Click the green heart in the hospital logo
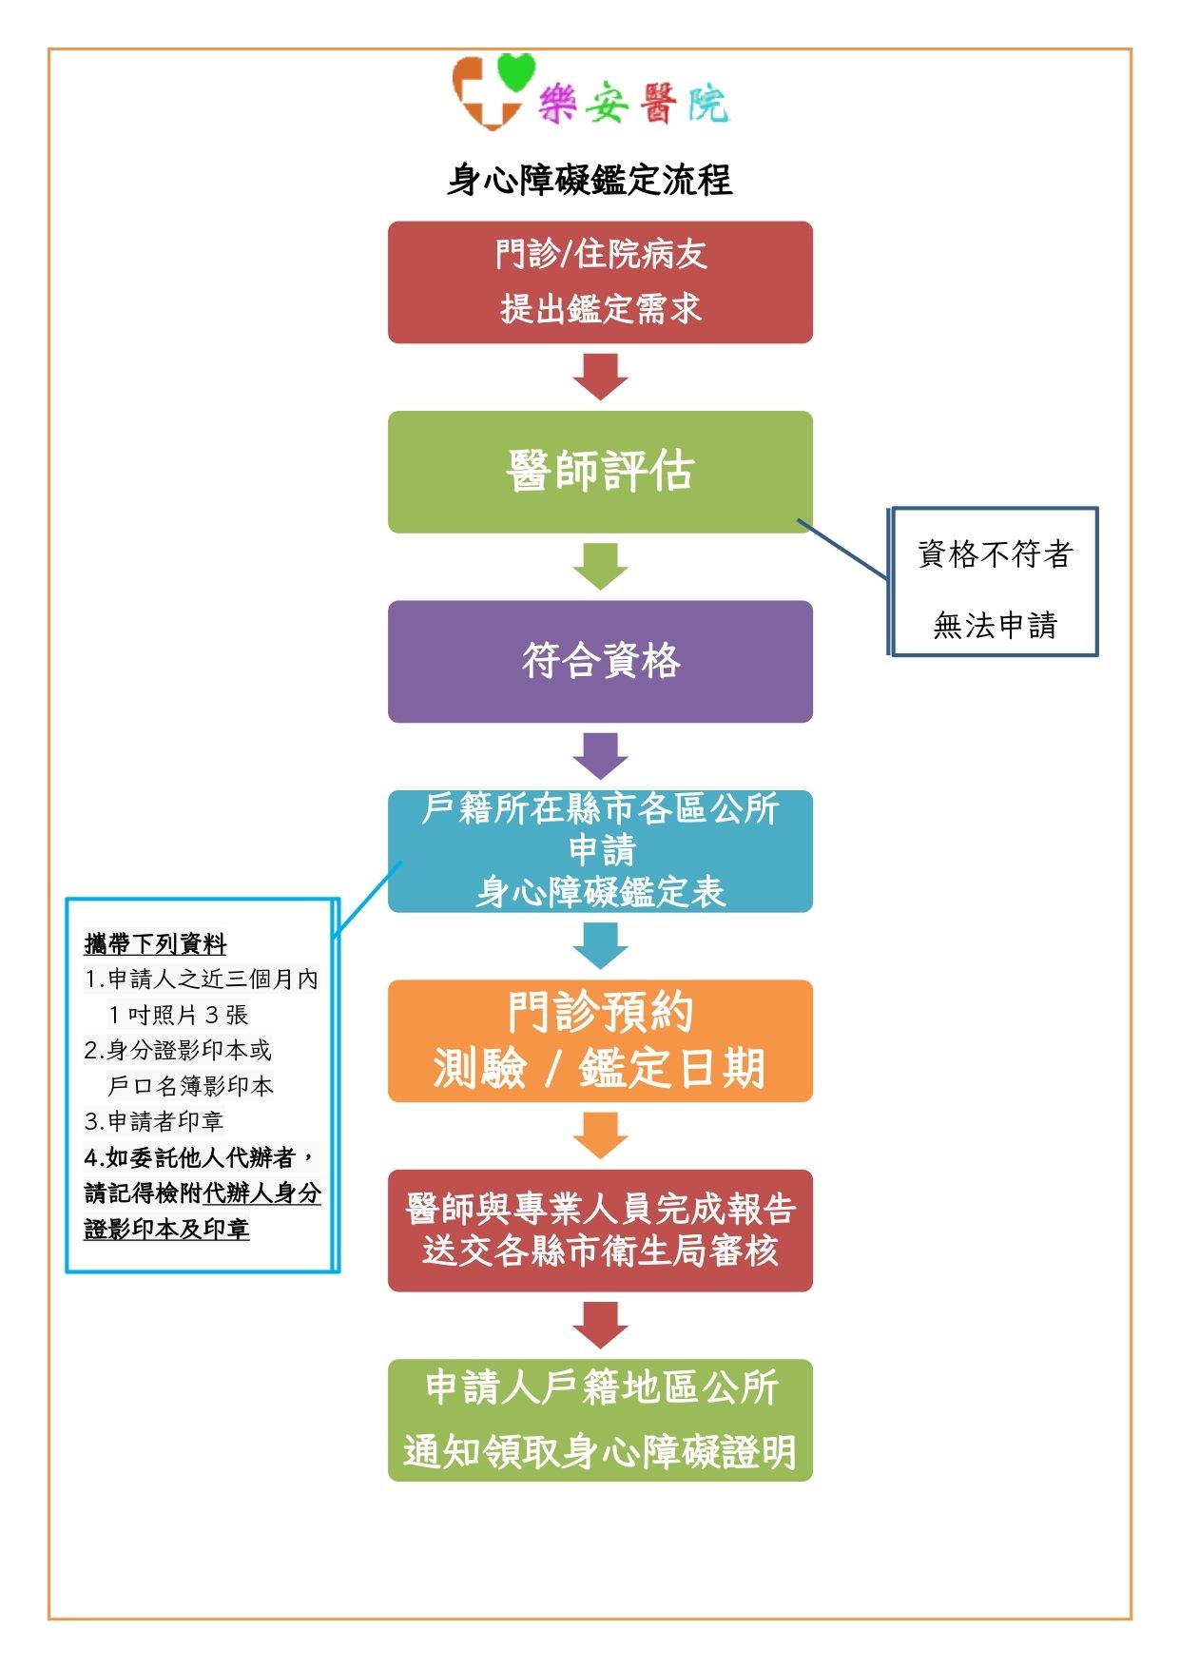pyautogui.click(x=516, y=72)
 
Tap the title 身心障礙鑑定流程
pyautogui.click(x=590, y=180)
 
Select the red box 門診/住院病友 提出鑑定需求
pyautogui.click(x=600, y=282)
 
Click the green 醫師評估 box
pyautogui.click(x=600, y=472)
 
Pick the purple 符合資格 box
pyautogui.click(x=600, y=661)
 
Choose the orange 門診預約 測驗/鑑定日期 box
pyautogui.click(x=600, y=1040)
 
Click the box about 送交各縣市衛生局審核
pyautogui.click(x=600, y=1231)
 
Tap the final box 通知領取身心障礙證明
pyautogui.click(x=600, y=1420)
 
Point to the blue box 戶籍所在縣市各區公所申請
pyautogui.click(x=600, y=851)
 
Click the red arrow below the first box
pyautogui.click(x=600, y=377)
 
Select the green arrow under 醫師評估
pyautogui.click(x=600, y=566)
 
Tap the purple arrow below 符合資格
pyautogui.click(x=600, y=756)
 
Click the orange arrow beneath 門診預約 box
pyautogui.click(x=600, y=1135)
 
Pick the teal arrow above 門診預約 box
pyautogui.click(x=600, y=945)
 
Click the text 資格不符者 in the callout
pyautogui.click(x=995, y=553)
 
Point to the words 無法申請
pyautogui.click(x=995, y=625)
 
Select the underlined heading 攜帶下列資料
pyautogui.click(x=155, y=943)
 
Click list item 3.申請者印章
pyautogui.click(x=153, y=1121)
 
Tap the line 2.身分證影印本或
pyautogui.click(x=177, y=1050)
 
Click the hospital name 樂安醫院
pyautogui.click(x=633, y=103)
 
